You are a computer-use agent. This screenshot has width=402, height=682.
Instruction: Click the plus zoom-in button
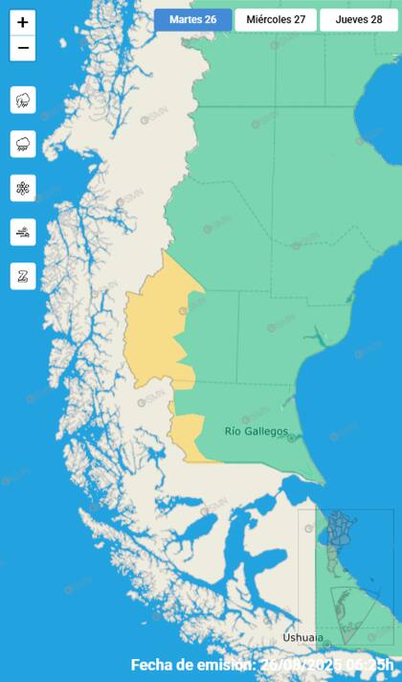(x=23, y=22)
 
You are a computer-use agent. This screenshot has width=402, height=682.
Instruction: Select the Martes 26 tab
(x=192, y=20)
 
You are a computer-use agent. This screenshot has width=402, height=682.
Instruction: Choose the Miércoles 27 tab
(x=275, y=20)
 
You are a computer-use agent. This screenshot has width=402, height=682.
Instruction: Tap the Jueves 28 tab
(x=358, y=20)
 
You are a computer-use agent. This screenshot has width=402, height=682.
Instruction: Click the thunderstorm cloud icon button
(x=23, y=100)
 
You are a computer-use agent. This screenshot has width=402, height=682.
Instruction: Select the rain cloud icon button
(x=23, y=144)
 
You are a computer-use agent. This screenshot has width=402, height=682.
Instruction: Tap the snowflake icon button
(x=23, y=188)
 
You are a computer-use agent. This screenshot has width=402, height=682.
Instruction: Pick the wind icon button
(x=23, y=232)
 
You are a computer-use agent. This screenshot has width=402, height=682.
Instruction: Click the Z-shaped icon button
(x=23, y=276)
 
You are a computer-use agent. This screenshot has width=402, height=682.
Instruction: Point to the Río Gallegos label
(x=256, y=431)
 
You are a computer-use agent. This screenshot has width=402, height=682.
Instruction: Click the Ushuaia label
(x=302, y=638)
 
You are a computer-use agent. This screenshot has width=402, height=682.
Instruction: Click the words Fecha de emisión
(x=191, y=665)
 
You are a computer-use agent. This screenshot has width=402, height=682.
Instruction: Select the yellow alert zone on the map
(x=153, y=326)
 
